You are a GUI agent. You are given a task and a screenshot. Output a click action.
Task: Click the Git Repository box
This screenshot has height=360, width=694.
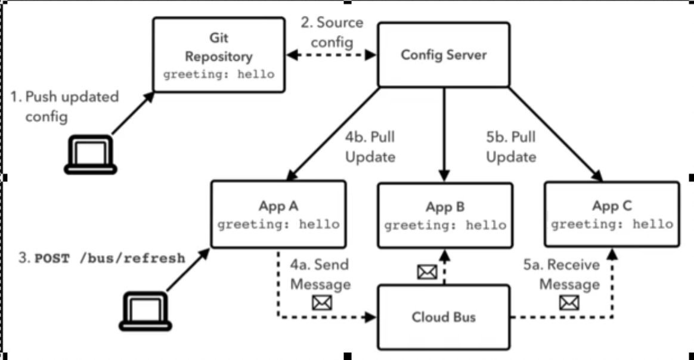218,54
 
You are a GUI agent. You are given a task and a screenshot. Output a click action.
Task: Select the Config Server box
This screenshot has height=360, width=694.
444,55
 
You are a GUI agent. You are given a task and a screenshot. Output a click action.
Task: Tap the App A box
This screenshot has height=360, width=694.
278,215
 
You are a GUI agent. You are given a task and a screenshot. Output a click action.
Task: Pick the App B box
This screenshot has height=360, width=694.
445,216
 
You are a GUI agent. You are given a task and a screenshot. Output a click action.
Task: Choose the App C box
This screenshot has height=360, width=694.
612,215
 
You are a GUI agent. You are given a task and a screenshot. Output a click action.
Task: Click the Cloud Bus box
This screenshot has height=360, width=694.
444,316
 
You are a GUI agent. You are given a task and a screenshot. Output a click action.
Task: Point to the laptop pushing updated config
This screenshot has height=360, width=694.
92,154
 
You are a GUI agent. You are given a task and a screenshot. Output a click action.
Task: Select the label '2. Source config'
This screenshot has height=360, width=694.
331,33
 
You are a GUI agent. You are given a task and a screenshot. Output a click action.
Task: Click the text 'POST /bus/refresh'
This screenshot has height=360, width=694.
109,258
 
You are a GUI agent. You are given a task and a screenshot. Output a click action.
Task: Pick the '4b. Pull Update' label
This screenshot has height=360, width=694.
370,147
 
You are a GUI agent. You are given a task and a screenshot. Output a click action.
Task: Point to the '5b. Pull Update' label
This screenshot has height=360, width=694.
511,147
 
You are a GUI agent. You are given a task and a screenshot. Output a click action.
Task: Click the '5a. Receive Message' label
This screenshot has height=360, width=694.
569,274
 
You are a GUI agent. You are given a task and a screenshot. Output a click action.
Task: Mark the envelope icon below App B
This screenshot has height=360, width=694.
427,272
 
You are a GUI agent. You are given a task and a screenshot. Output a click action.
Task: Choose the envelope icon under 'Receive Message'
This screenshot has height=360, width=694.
569,303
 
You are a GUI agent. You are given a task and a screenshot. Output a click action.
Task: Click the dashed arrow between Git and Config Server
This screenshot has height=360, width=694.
331,55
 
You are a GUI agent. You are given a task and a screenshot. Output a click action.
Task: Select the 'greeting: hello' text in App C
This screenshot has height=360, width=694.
612,225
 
